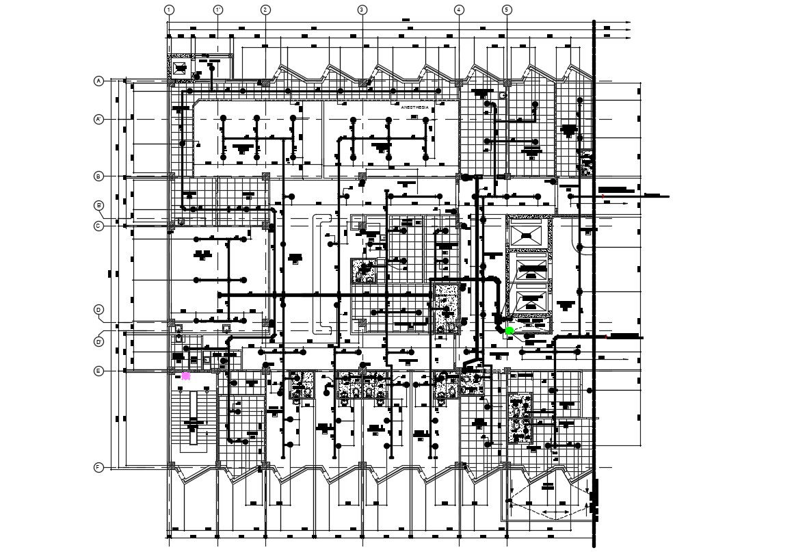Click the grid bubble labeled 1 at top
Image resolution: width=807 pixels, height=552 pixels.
coord(169,10)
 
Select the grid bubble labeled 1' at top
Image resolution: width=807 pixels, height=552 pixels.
coord(217,10)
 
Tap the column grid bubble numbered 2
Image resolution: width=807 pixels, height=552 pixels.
coord(265,10)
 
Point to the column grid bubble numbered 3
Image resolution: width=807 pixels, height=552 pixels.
coord(362,10)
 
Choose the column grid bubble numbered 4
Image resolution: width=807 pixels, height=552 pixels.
coord(458,10)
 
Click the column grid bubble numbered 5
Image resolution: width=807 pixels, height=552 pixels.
coord(507,10)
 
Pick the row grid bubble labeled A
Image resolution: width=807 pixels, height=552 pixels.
coord(98,81)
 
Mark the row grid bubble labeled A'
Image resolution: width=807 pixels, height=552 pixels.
coord(98,120)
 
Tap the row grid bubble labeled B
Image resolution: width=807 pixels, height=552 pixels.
coord(98,176)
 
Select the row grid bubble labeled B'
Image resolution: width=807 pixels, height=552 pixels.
coord(98,205)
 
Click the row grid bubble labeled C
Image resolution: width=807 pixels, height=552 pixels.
coord(98,225)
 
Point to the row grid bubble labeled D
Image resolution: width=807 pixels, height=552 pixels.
coord(98,310)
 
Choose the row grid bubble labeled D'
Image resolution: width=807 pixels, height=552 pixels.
coord(98,341)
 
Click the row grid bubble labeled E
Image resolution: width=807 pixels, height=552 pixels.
coord(98,371)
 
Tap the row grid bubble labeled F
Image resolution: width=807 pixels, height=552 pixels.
coord(98,467)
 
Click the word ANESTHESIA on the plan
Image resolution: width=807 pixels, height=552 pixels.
coord(414,107)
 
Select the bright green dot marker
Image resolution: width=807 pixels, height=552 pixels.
coord(510,331)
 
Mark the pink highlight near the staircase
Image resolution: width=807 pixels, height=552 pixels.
coord(186,376)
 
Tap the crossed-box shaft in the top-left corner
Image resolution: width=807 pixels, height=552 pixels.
coord(180,67)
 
